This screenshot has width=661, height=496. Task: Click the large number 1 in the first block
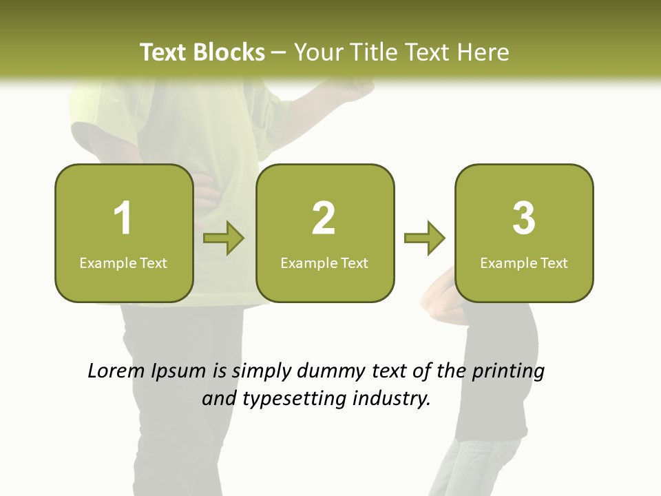click(x=123, y=218)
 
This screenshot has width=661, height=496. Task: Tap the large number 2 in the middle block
click(x=324, y=218)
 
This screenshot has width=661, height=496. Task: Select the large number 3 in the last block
click(x=524, y=218)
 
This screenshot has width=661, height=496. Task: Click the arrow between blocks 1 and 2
click(x=224, y=238)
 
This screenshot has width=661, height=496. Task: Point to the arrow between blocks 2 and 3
click(x=425, y=238)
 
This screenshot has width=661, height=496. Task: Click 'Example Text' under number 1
click(x=123, y=263)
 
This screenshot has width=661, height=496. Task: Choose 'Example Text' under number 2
click(x=324, y=263)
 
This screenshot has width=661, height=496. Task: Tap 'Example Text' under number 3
click(x=524, y=263)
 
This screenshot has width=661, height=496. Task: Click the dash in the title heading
click(x=279, y=53)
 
